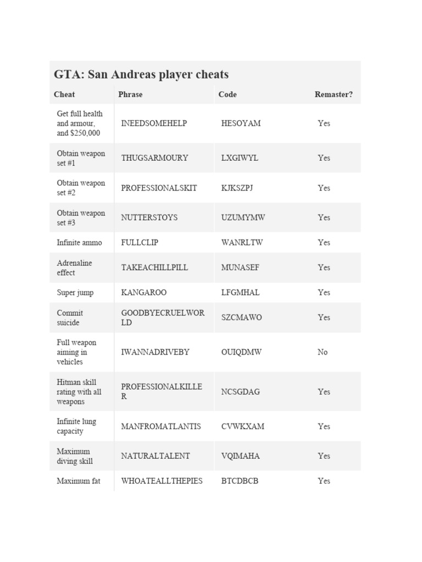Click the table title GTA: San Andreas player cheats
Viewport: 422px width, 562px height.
click(141, 75)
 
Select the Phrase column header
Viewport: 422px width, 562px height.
click(130, 94)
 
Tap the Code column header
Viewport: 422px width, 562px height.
click(227, 94)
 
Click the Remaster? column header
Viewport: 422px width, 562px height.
click(334, 94)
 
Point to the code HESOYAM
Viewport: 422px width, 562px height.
click(241, 123)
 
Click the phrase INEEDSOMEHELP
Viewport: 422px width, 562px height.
click(154, 123)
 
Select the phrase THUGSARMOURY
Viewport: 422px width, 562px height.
click(154, 158)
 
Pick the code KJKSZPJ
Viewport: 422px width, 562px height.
click(237, 188)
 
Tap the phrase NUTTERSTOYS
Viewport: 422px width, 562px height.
click(149, 218)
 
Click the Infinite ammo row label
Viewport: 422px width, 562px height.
click(79, 243)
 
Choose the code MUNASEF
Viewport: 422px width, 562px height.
click(240, 268)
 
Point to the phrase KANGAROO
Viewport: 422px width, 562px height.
click(143, 293)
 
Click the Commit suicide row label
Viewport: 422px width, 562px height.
click(70, 318)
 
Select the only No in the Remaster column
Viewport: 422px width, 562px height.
click(323, 352)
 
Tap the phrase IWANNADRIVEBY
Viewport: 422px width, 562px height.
click(155, 352)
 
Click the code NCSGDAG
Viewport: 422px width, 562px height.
click(240, 392)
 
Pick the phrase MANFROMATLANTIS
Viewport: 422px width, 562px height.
click(161, 426)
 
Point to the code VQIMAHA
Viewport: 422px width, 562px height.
click(240, 456)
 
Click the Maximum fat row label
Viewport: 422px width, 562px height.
click(79, 481)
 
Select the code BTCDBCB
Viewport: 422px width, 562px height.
click(240, 481)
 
